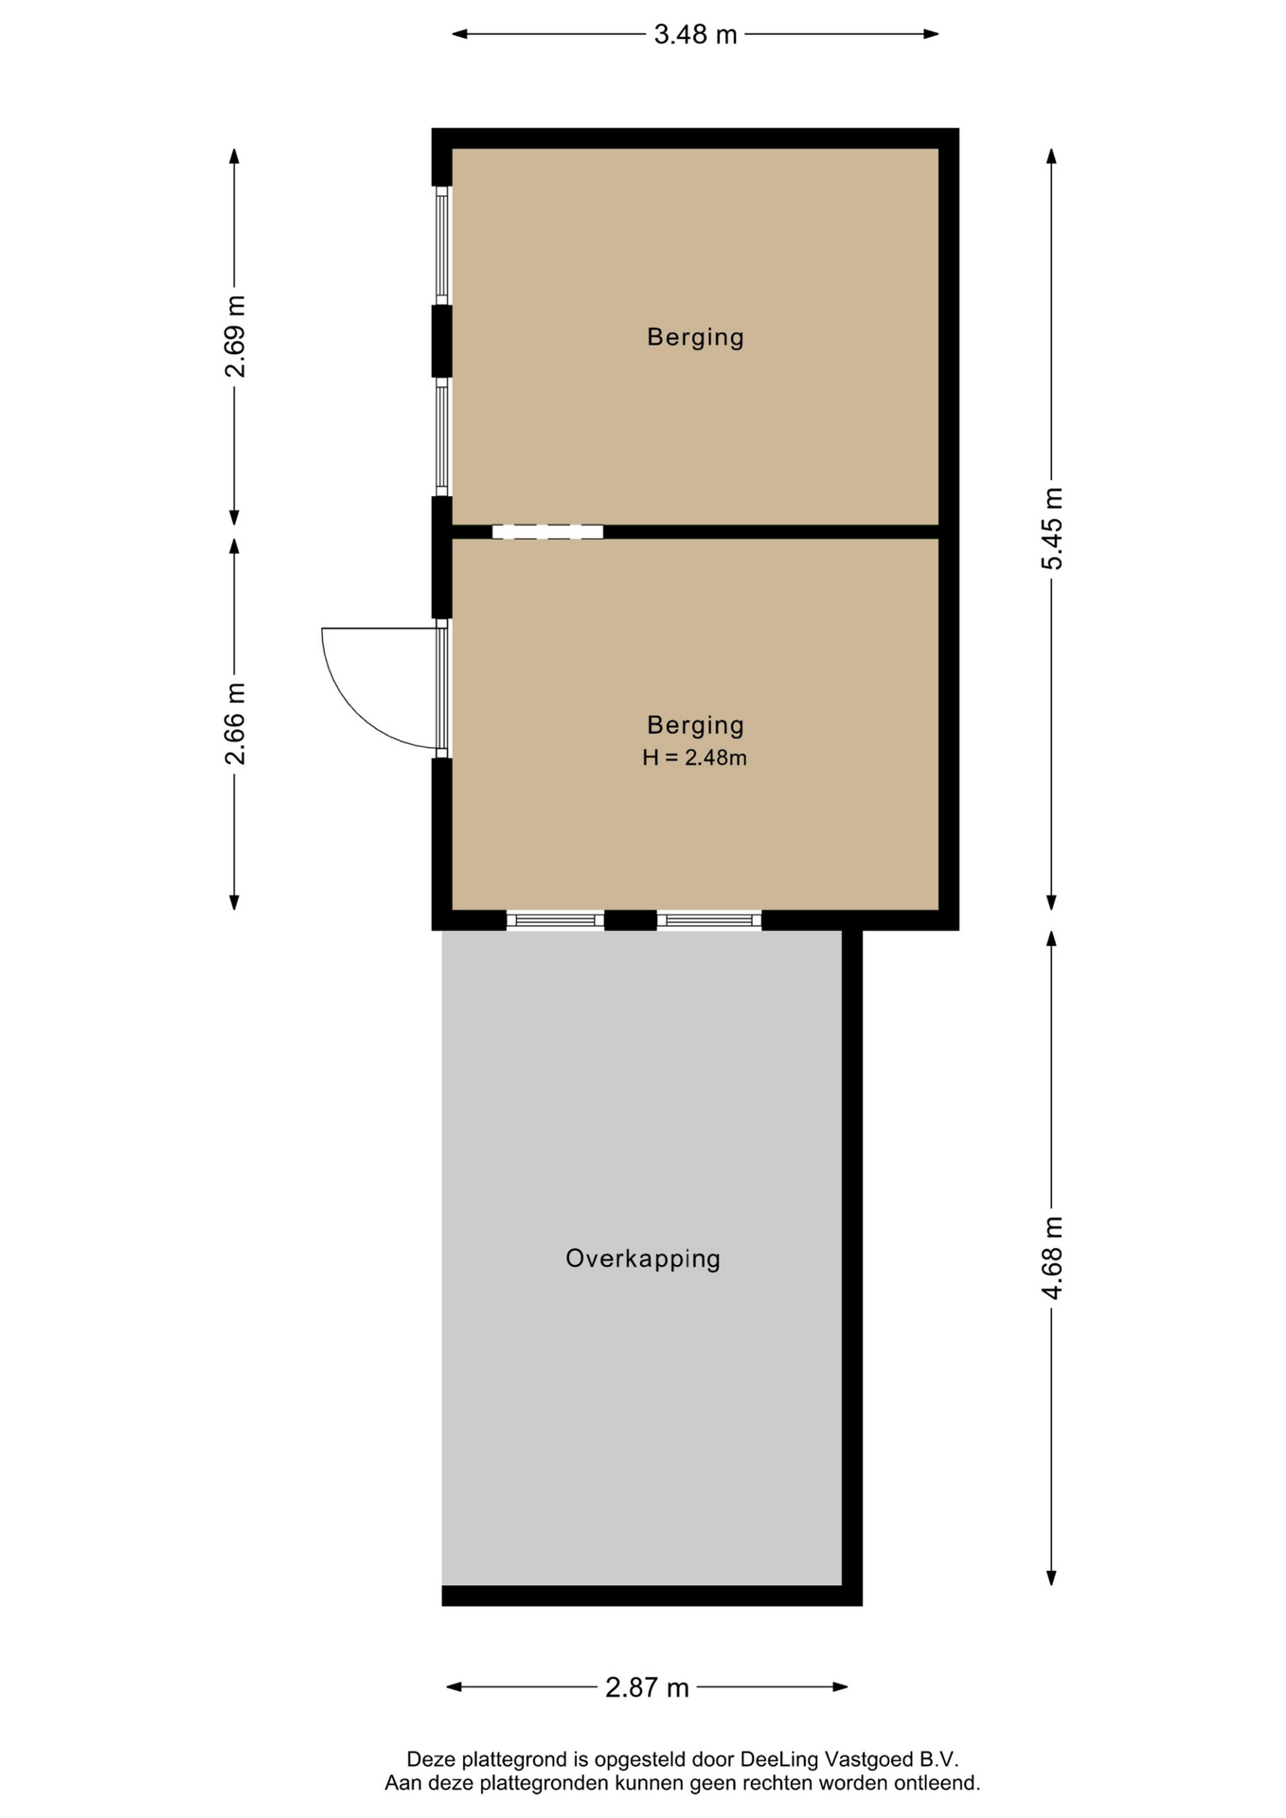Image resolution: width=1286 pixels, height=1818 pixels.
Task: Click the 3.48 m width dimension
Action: [695, 34]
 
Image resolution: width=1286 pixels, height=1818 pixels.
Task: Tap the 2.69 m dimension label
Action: [235, 336]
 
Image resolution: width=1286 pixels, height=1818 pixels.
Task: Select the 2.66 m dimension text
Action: [235, 723]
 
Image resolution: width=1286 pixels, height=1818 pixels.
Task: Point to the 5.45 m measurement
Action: [1052, 528]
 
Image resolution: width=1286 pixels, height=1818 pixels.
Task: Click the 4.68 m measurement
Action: [1052, 1258]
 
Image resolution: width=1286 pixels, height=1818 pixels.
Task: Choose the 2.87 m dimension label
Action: [647, 1687]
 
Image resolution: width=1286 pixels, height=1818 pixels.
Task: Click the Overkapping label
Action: [643, 1258]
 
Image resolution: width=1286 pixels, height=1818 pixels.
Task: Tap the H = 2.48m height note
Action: [695, 757]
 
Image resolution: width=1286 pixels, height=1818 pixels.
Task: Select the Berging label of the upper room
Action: [695, 337]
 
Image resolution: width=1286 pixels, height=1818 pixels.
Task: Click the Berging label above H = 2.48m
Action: [695, 725]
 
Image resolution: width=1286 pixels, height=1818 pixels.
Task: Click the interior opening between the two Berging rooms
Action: [547, 532]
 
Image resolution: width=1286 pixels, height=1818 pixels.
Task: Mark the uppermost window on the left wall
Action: [441, 245]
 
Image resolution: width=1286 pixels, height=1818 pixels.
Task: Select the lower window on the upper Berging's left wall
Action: [441, 437]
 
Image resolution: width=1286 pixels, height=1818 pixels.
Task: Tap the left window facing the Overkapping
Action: [555, 920]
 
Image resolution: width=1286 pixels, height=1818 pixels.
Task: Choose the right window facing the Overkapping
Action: [709, 920]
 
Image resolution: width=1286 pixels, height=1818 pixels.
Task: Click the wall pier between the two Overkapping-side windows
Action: [631, 920]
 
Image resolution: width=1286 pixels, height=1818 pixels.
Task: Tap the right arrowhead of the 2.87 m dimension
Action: [840, 1687]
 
